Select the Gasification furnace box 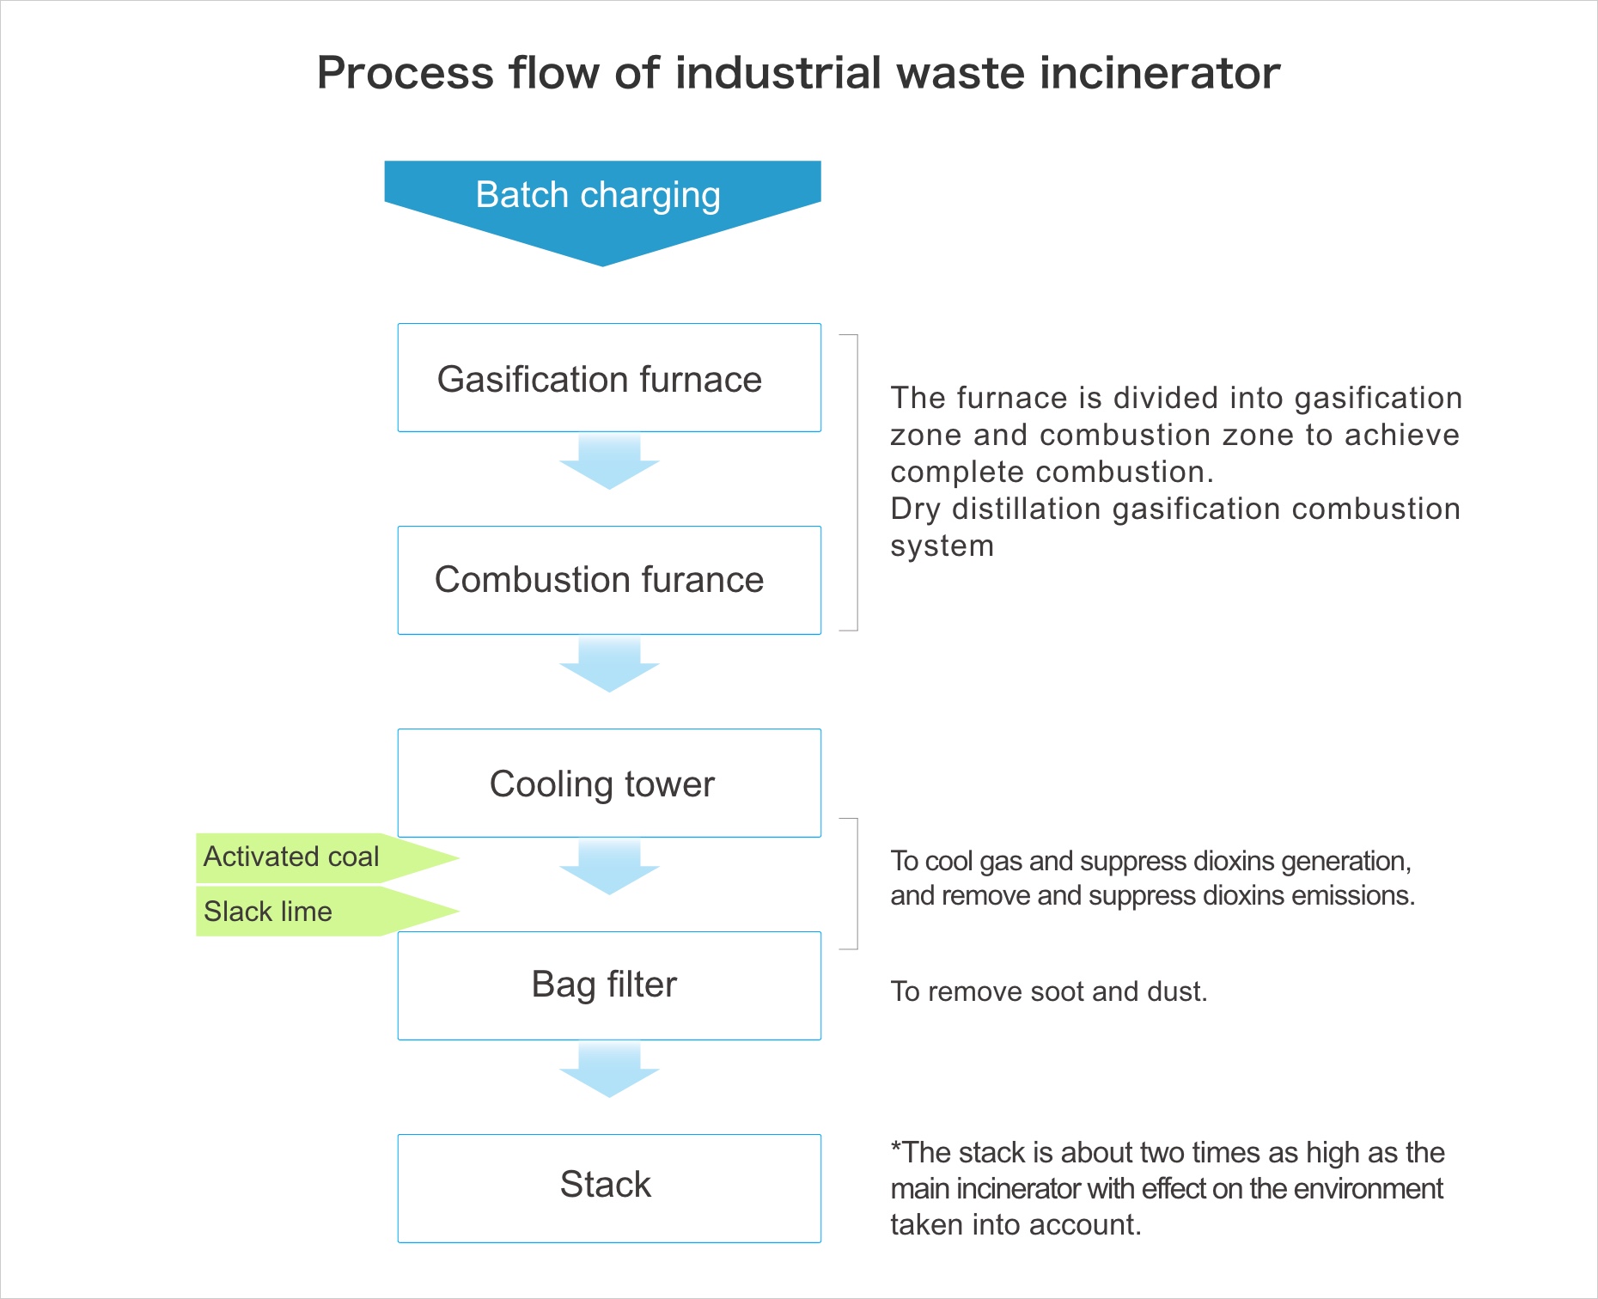pos(608,378)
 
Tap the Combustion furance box pos(608,580)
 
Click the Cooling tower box pos(608,783)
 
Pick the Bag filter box pos(608,985)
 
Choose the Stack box pos(608,1187)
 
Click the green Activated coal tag pos(292,857)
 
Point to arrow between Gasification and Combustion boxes pos(609,462)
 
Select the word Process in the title pos(405,73)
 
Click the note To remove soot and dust pos(1048,991)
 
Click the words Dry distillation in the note pos(995,509)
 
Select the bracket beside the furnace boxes pos(856,483)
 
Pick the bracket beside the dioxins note pos(856,883)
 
